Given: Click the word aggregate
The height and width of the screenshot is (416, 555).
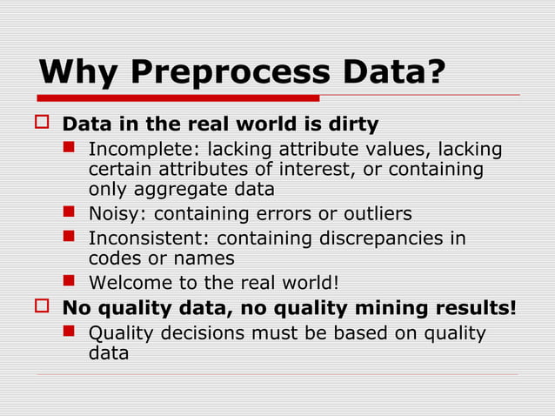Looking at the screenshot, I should click(184, 188).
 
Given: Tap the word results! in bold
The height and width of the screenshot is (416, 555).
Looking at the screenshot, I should click(475, 308).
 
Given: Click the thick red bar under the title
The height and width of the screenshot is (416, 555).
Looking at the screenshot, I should click(178, 97).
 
